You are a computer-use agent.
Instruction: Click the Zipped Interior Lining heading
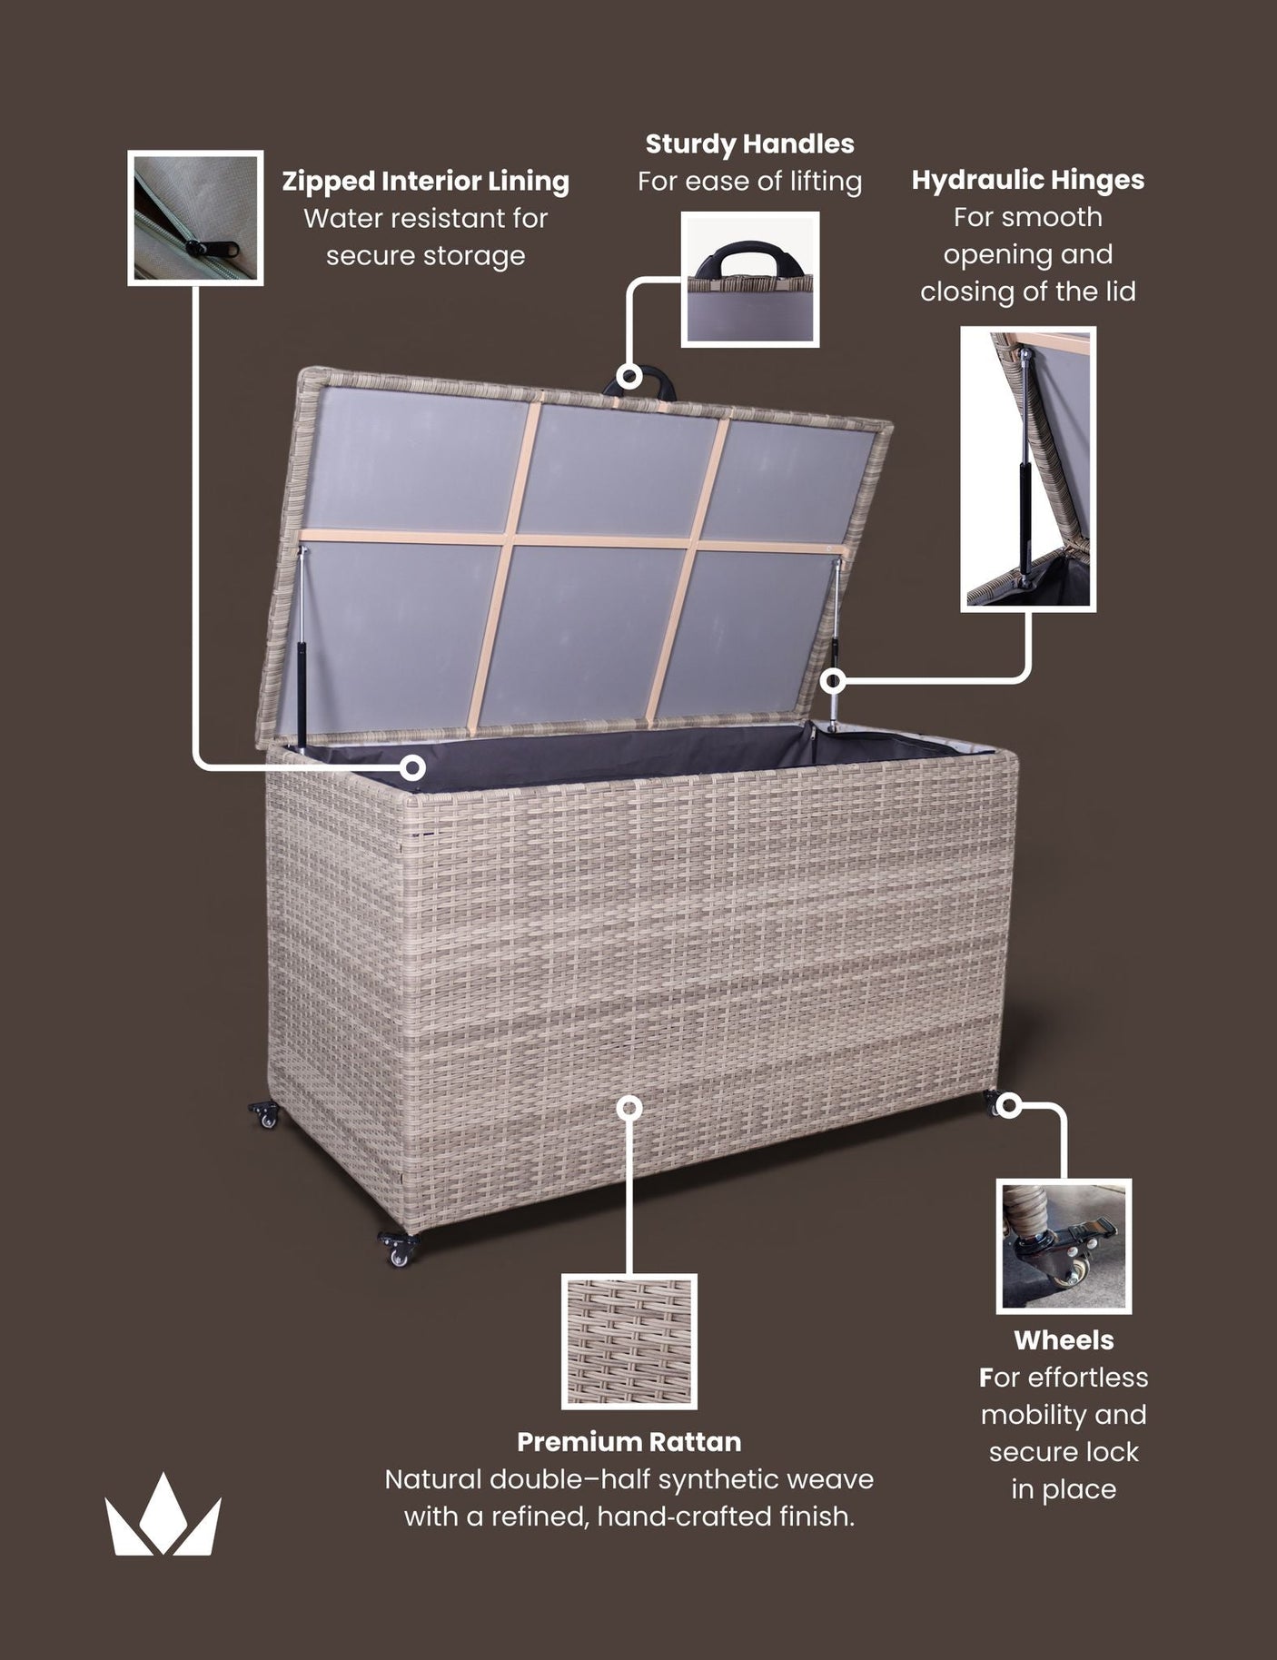[425, 181]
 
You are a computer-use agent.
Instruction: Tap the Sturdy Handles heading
[749, 143]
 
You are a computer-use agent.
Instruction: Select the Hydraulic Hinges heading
[1027, 180]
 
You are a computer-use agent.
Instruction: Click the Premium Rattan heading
[629, 1441]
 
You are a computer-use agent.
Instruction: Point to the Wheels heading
[1064, 1339]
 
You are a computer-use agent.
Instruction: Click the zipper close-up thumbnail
[195, 218]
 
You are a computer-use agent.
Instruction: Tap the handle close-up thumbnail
[750, 280]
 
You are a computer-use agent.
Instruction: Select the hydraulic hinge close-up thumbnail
[1028, 469]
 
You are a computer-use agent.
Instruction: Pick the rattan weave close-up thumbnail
[629, 1341]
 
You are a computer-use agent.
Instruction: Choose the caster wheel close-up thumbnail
[1064, 1246]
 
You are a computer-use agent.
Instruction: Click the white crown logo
[163, 1516]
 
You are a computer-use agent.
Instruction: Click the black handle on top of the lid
[649, 380]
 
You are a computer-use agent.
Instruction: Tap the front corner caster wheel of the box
[399, 1249]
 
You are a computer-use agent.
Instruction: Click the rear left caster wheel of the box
[265, 1114]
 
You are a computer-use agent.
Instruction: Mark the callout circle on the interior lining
[413, 767]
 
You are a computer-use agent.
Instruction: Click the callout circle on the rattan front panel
[629, 1108]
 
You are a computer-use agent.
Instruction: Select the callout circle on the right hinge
[833, 679]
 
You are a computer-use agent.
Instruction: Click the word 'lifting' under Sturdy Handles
[825, 182]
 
